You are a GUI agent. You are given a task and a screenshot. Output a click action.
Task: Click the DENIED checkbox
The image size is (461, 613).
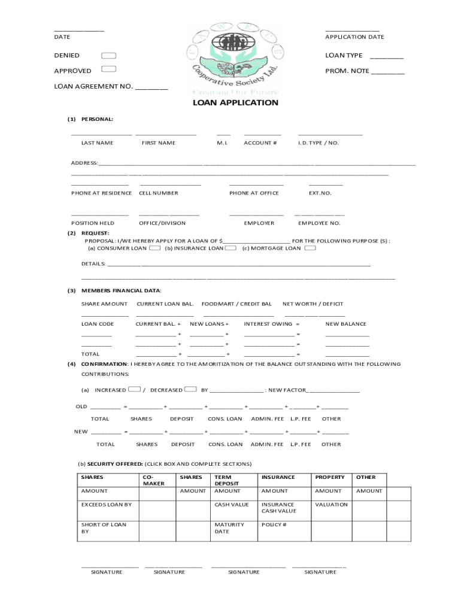pyautogui.click(x=108, y=56)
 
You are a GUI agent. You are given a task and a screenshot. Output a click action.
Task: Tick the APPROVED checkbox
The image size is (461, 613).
pyautogui.click(x=108, y=70)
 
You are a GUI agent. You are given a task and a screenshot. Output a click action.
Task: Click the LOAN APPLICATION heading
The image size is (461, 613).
pyautogui.click(x=235, y=102)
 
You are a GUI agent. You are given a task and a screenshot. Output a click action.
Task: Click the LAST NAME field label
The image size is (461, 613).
pyautogui.click(x=97, y=143)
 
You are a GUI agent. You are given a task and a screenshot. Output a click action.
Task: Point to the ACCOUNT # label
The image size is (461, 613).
pyautogui.click(x=260, y=143)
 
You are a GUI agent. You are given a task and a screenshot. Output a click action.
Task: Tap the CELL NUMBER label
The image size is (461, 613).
pyautogui.click(x=158, y=193)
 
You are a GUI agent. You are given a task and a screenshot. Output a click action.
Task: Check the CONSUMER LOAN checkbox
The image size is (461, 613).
pyautogui.click(x=154, y=248)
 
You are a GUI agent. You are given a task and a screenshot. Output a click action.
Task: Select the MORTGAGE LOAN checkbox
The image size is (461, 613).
pyautogui.click(x=310, y=248)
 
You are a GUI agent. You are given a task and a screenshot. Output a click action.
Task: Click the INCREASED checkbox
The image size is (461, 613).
pyautogui.click(x=135, y=389)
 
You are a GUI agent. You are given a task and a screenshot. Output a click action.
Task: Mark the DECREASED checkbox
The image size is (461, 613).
pyautogui.click(x=191, y=389)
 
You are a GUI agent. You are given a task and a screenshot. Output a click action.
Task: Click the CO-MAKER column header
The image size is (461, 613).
pyautogui.click(x=153, y=480)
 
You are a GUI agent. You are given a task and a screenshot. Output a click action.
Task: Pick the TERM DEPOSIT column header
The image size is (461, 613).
pyautogui.click(x=227, y=480)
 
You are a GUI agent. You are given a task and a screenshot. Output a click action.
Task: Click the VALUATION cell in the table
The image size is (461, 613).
pyautogui.click(x=331, y=504)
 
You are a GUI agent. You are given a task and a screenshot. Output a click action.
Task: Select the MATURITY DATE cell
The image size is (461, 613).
pyautogui.click(x=229, y=528)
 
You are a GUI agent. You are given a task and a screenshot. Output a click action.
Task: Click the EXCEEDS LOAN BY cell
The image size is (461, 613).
pyautogui.click(x=106, y=504)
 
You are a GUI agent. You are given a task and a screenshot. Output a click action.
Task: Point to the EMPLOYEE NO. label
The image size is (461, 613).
pyautogui.click(x=319, y=223)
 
